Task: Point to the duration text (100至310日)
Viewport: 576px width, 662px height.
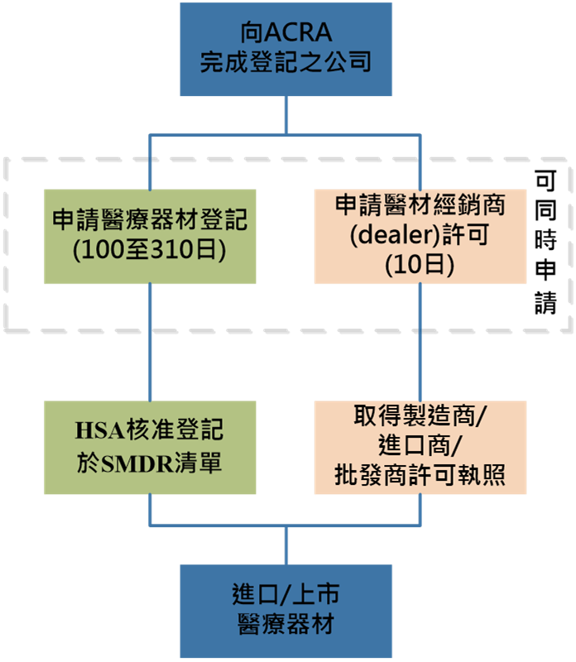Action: (150, 250)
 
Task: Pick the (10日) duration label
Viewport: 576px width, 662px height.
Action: (420, 265)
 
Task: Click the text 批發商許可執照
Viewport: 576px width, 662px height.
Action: (420, 477)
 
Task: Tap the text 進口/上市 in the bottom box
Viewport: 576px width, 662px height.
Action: (286, 595)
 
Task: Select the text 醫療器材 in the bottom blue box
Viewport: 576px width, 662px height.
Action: (286, 623)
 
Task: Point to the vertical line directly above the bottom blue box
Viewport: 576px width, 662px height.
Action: (286, 545)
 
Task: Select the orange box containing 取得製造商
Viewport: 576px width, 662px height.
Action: (420, 448)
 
